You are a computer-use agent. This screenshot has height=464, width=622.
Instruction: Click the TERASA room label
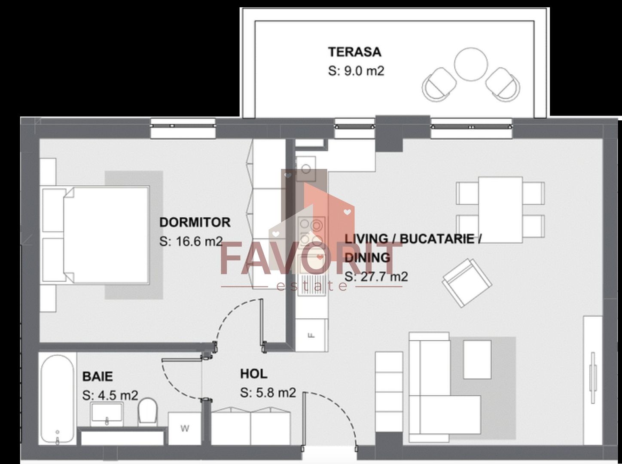point(354,52)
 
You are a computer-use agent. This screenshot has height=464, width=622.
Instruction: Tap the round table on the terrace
point(471,64)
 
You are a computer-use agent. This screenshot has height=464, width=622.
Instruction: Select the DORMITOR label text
point(195,223)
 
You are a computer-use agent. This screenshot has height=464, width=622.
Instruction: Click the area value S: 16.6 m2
point(191,241)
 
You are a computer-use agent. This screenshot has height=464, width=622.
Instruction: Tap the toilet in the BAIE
point(148,412)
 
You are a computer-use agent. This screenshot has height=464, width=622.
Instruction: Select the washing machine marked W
point(184,429)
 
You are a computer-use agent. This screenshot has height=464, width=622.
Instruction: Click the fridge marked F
point(311,335)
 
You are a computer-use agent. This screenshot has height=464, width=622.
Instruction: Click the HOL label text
point(253,374)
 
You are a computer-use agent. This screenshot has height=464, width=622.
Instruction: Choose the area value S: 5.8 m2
point(268,393)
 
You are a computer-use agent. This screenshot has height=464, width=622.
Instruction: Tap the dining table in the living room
point(500,210)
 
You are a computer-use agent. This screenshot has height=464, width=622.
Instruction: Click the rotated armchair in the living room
point(467,283)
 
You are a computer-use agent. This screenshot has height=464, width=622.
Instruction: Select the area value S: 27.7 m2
point(376,277)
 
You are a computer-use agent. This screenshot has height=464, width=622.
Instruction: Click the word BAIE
point(98,377)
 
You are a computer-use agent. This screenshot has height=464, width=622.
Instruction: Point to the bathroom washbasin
point(107,414)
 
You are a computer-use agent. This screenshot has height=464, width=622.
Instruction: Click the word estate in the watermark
point(312,286)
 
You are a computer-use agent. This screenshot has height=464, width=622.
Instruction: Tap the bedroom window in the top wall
point(183,128)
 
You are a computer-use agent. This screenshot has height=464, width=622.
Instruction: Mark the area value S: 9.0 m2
point(356,71)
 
